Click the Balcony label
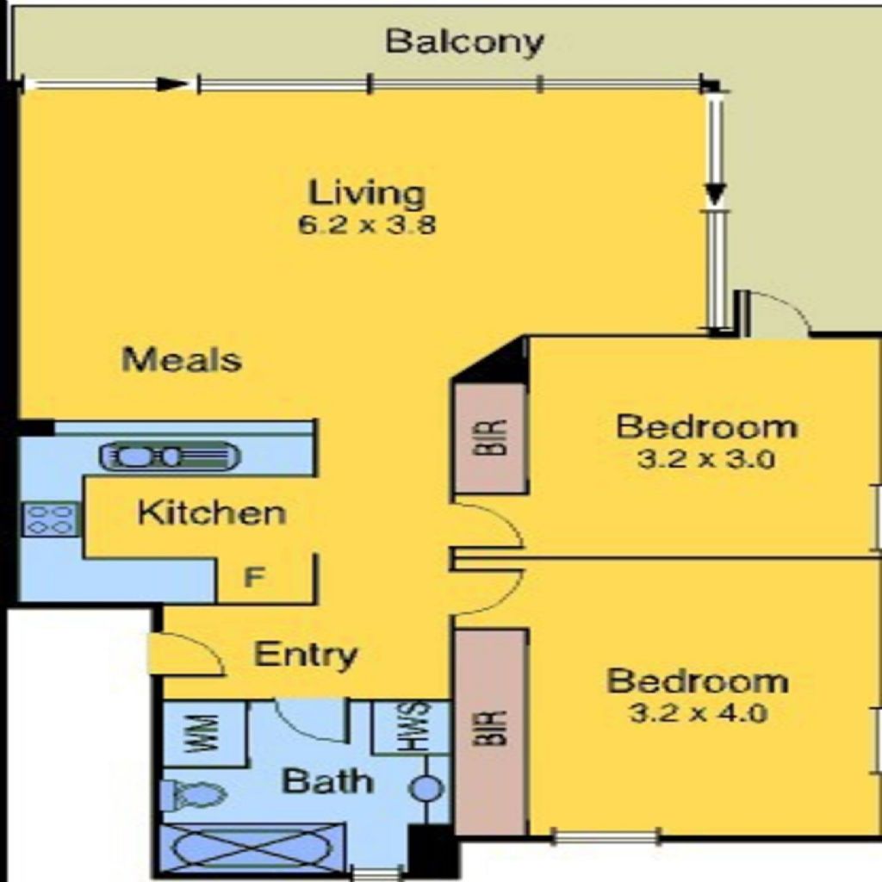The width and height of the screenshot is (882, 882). [464, 42]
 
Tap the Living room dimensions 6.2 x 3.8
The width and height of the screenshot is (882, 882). [367, 225]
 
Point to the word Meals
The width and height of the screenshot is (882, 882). [182, 359]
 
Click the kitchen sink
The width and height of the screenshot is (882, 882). [170, 456]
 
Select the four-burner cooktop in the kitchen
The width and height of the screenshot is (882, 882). [50, 519]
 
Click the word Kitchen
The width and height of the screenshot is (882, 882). [212, 512]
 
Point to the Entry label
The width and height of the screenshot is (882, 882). [306, 655]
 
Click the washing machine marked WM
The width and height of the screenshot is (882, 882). [204, 733]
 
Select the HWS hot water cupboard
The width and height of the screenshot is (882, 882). [412, 727]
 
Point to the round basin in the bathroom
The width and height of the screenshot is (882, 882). [427, 789]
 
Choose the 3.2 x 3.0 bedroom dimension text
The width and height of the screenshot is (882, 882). [706, 460]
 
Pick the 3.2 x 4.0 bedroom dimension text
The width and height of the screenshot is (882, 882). [699, 714]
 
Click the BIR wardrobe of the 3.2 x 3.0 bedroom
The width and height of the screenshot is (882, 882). [490, 438]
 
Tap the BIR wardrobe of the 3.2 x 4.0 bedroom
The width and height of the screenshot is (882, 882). [490, 730]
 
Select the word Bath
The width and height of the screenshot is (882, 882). [327, 781]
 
